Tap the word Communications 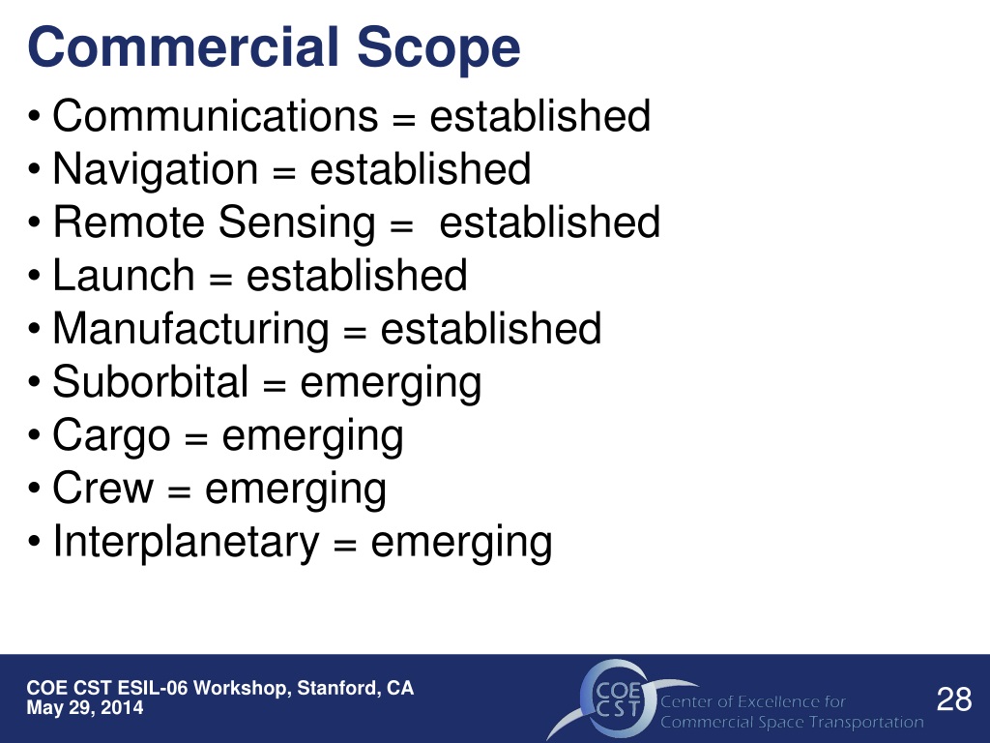point(216,116)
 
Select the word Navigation point(156,169)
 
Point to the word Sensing point(296,223)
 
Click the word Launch point(124,276)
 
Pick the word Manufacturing point(190,329)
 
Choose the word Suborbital point(151,382)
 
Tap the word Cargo point(111,435)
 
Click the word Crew point(103,489)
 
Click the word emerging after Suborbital point(391,382)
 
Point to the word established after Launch point(357,276)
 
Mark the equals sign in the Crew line point(179,490)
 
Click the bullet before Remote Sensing point(36,224)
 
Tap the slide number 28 point(954,698)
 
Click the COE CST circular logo point(612,698)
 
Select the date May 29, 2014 point(85,708)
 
